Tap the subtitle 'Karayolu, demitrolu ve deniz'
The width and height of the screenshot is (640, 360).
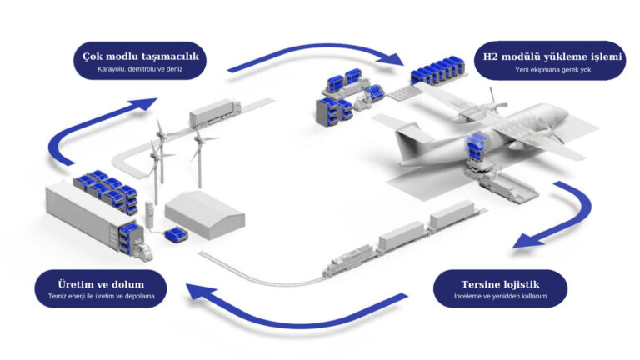(x=140, y=70)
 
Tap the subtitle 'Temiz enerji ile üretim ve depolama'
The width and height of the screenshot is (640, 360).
(x=101, y=295)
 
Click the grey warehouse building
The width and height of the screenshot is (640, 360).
(x=205, y=214)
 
